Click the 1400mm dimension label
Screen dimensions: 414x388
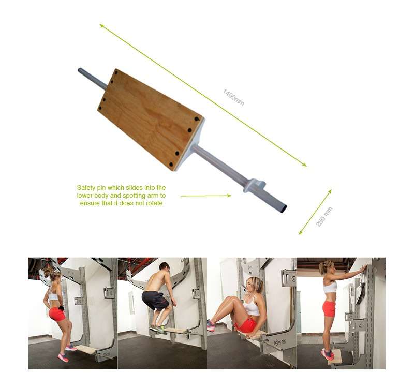(233, 97)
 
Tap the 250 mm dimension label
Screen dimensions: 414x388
(324, 217)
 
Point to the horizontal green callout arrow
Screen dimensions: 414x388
(205, 196)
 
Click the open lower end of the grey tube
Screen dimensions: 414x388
(283, 208)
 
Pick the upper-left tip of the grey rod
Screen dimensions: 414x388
(80, 70)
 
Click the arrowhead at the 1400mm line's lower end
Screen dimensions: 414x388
(305, 165)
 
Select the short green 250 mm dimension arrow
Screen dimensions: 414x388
(315, 212)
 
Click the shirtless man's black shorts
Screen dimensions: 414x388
(155, 300)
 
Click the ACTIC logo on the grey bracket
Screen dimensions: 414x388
(280, 342)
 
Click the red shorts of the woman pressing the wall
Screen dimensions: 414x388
(329, 308)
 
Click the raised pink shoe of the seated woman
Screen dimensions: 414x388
(211, 325)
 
